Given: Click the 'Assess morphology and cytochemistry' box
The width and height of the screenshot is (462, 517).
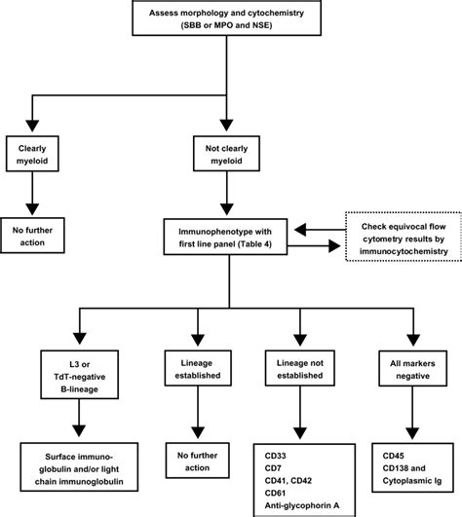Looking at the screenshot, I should pyautogui.click(x=230, y=19).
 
